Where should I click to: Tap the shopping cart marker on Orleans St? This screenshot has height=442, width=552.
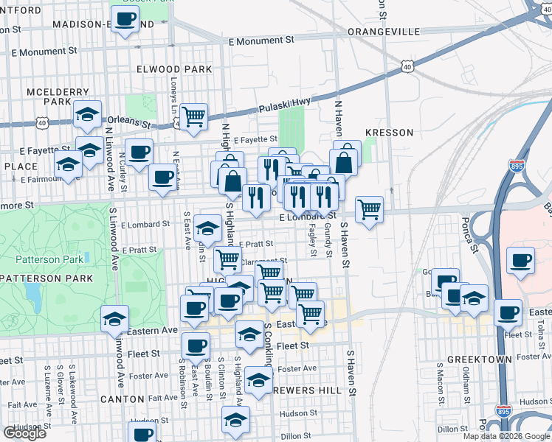(193, 116)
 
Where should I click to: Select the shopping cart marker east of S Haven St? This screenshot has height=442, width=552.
(369, 209)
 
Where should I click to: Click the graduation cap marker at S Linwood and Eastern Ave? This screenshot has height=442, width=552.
(114, 319)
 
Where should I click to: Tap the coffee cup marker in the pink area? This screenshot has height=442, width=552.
(521, 261)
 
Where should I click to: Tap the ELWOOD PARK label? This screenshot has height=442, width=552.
(174, 69)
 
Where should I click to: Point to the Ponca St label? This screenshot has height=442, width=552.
(463, 224)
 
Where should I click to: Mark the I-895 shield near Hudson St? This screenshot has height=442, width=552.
(503, 409)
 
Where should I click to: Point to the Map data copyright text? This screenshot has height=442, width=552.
(506, 436)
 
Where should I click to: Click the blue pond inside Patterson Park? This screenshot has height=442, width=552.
(32, 295)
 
